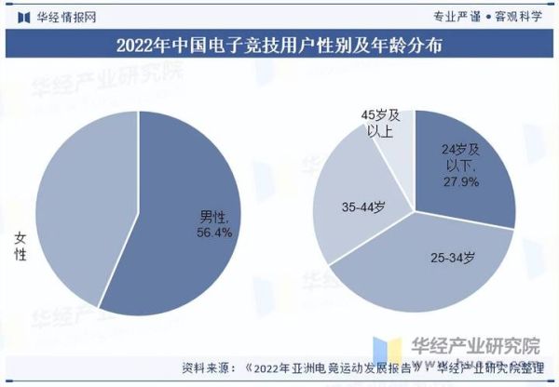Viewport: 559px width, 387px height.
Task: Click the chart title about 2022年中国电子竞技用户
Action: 279,44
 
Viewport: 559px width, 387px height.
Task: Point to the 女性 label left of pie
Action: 20,246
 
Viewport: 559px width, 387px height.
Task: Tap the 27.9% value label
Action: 460,181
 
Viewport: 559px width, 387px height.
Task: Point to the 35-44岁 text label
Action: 363,207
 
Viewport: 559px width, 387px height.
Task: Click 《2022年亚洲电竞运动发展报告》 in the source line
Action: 334,366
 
